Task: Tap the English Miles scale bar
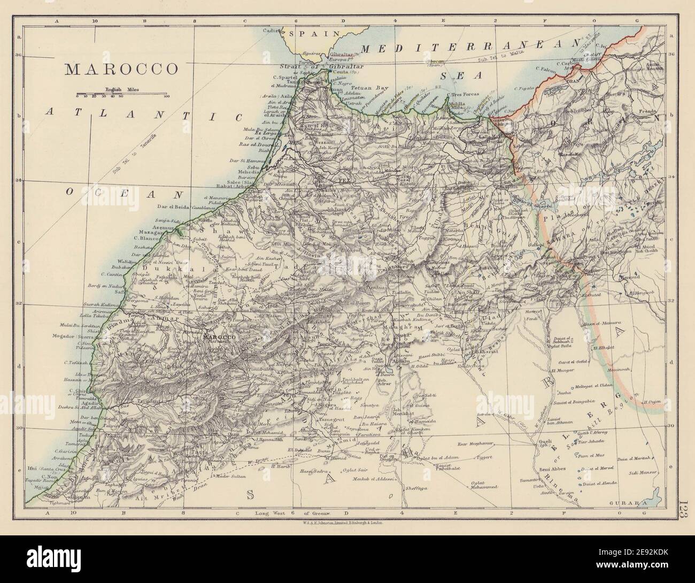[x=122, y=94]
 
